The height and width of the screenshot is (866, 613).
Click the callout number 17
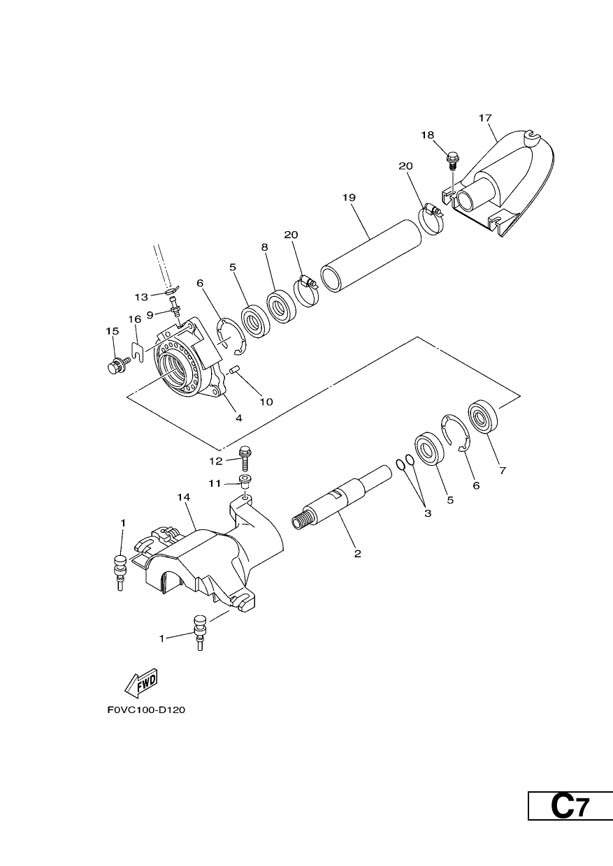485,118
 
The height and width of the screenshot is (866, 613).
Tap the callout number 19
349,198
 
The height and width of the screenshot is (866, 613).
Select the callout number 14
184,497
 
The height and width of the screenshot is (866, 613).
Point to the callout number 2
358,553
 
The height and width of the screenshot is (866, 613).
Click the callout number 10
266,402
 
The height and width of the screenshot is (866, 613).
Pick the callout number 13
141,297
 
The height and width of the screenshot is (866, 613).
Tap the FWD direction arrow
141,683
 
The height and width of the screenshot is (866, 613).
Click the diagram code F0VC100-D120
146,710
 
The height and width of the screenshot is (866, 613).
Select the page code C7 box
570,805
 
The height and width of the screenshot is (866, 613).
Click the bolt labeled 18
452,161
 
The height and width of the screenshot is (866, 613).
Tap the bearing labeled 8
280,306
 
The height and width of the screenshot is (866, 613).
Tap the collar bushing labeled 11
244,481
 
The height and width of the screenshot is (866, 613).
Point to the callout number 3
428,513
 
